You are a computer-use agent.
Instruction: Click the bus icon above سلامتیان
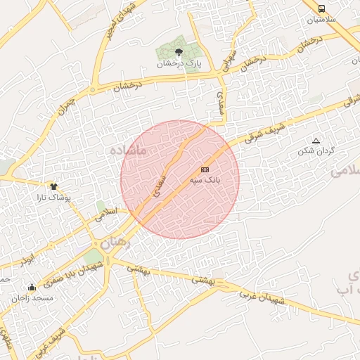pos(321,9)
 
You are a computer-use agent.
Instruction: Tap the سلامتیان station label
pos(321,20)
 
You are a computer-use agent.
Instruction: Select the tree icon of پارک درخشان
pos(179,52)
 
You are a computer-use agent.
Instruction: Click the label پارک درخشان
pos(179,64)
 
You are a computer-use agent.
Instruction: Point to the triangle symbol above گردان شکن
pos(315,141)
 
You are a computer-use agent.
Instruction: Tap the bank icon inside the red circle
pos(205,169)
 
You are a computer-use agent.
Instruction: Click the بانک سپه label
pos(205,181)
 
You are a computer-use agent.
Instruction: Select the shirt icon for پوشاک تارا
pos(53,186)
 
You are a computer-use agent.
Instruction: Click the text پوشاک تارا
pos(53,198)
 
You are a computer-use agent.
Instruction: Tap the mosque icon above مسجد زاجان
pos(32,287)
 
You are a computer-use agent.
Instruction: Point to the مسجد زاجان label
pos(32,298)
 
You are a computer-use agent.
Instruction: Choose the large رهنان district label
pos(116,243)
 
